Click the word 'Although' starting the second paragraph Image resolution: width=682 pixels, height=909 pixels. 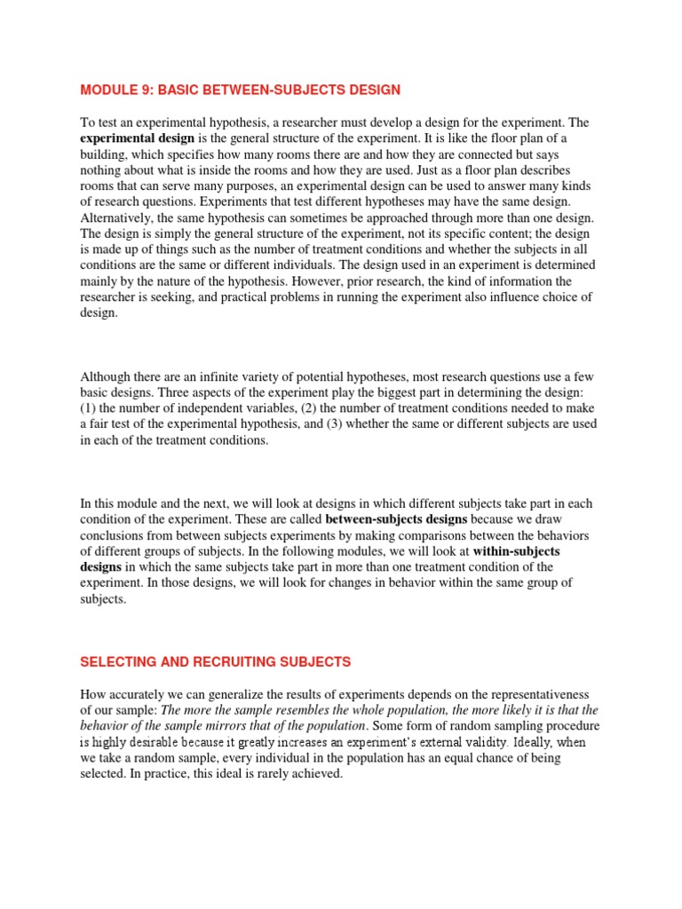tap(107, 375)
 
